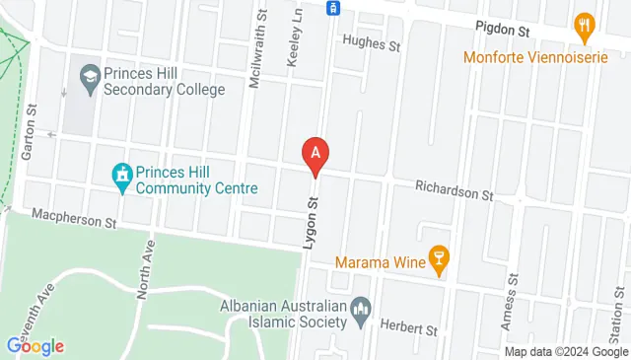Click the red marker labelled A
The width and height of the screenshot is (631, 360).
315,155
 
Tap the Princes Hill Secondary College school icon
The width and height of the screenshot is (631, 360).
90,75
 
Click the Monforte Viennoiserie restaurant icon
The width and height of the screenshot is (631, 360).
583,24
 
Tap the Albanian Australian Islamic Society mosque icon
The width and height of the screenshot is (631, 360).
360,314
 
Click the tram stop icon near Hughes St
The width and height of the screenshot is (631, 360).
333,8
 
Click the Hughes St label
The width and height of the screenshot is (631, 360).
372,44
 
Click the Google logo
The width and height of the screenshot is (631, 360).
35,345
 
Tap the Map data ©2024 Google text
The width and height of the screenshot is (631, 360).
567,352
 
